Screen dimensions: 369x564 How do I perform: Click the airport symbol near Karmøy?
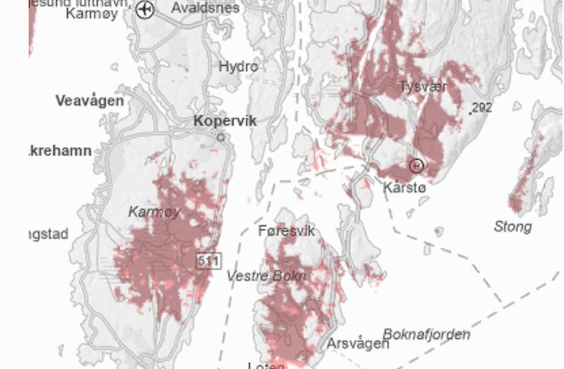click(146, 9)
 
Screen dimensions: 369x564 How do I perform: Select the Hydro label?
click(238, 67)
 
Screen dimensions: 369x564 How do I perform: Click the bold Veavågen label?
click(90, 101)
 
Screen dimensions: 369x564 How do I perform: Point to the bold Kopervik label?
click(225, 121)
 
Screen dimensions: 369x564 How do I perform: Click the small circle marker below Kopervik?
click(220, 138)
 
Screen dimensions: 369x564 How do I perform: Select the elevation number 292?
click(482, 108)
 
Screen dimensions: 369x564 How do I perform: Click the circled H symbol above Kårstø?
click(416, 166)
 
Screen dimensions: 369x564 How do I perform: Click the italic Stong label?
click(512, 227)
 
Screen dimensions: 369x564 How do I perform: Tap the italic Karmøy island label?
click(154, 212)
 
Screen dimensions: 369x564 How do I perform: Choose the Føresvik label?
click(287, 231)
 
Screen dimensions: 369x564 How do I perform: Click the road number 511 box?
click(208, 261)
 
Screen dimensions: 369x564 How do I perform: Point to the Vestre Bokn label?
click(266, 276)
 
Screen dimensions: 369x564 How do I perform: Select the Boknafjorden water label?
click(426, 334)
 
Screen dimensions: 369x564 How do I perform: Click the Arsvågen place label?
click(357, 344)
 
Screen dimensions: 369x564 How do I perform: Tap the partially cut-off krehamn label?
click(60, 151)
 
